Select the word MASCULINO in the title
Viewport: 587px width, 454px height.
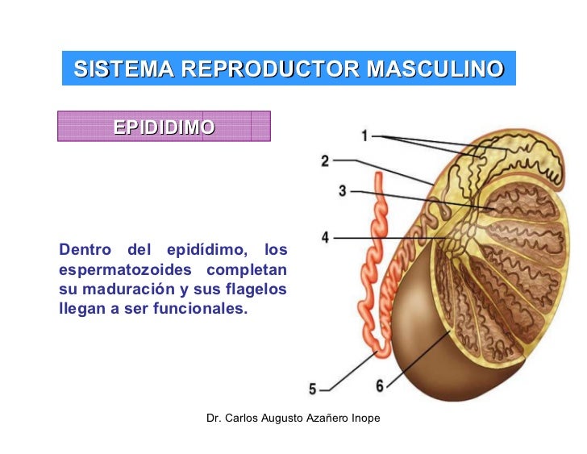tap(435, 69)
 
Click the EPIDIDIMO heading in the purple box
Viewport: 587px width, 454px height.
tap(164, 127)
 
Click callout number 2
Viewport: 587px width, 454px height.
tap(325, 160)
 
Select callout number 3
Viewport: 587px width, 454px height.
tap(343, 191)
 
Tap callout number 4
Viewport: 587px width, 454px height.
tap(325, 238)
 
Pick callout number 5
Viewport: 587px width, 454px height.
tap(313, 389)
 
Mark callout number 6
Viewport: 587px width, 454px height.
tap(380, 385)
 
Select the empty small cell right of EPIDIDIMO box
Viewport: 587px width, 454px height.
tap(260, 127)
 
